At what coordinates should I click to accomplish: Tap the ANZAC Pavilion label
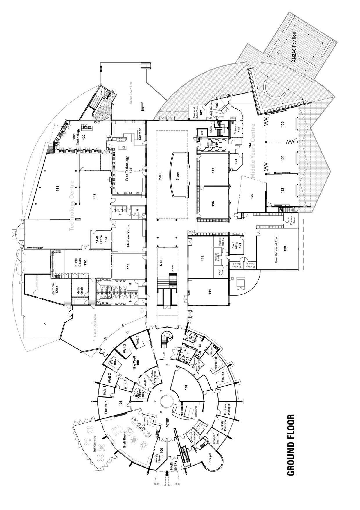click(294, 46)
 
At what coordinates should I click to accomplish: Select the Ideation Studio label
click(128, 236)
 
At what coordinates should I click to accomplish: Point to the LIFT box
click(202, 133)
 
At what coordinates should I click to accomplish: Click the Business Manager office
click(227, 409)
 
